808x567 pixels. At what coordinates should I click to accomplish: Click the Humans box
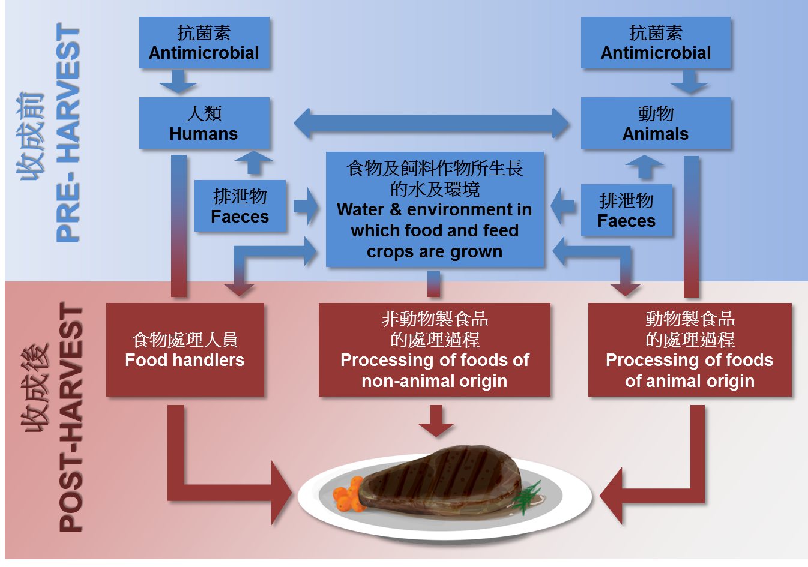pyautogui.click(x=204, y=123)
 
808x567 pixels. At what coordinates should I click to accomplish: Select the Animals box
pyautogui.click(x=656, y=123)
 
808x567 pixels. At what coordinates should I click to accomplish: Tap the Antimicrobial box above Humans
pyautogui.click(x=204, y=43)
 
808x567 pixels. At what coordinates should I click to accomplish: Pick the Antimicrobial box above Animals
pyautogui.click(x=656, y=43)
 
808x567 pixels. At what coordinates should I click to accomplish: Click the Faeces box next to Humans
pyautogui.click(x=240, y=206)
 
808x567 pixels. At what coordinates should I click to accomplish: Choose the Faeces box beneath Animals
pyautogui.click(x=626, y=210)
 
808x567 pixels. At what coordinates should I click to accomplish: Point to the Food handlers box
pyautogui.click(x=185, y=350)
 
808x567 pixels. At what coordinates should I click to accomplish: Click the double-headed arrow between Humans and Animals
pyautogui.click(x=431, y=124)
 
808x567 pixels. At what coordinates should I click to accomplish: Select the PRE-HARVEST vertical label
pyautogui.click(x=68, y=133)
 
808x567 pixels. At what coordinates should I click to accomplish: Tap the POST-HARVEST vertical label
pyautogui.click(x=71, y=418)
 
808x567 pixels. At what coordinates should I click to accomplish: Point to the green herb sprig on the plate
pyautogui.click(x=527, y=496)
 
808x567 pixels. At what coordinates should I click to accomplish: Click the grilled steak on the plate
pyautogui.click(x=441, y=480)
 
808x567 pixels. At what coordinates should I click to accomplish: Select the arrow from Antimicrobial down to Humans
pyautogui.click(x=178, y=81)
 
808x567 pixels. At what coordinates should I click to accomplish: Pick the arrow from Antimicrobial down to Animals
pyautogui.click(x=689, y=81)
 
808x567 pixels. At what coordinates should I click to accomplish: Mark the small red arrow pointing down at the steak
pyautogui.click(x=436, y=421)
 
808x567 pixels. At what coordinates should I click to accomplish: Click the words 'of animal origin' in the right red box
pyautogui.click(x=689, y=381)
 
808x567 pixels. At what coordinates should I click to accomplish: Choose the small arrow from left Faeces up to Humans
pyautogui.click(x=253, y=162)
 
